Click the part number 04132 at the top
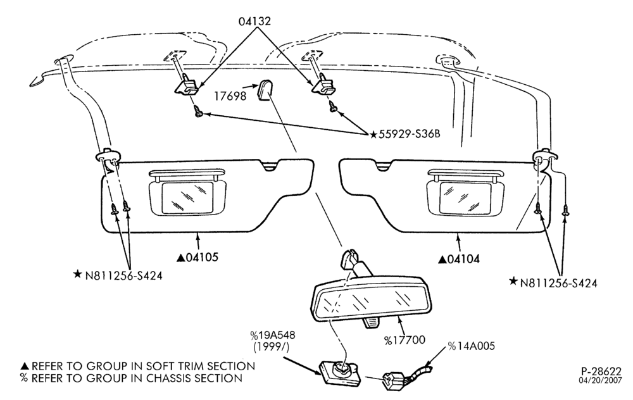(x=254, y=21)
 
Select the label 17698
(x=230, y=96)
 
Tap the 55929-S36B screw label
(x=405, y=134)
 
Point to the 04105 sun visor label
(x=197, y=257)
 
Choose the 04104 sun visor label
(x=459, y=259)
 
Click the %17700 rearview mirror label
(x=404, y=341)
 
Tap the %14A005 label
(x=471, y=346)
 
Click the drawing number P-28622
(x=601, y=371)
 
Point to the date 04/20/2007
(x=601, y=380)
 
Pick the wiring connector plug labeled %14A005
(x=393, y=380)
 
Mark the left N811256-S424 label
(x=118, y=275)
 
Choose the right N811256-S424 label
(x=553, y=282)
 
